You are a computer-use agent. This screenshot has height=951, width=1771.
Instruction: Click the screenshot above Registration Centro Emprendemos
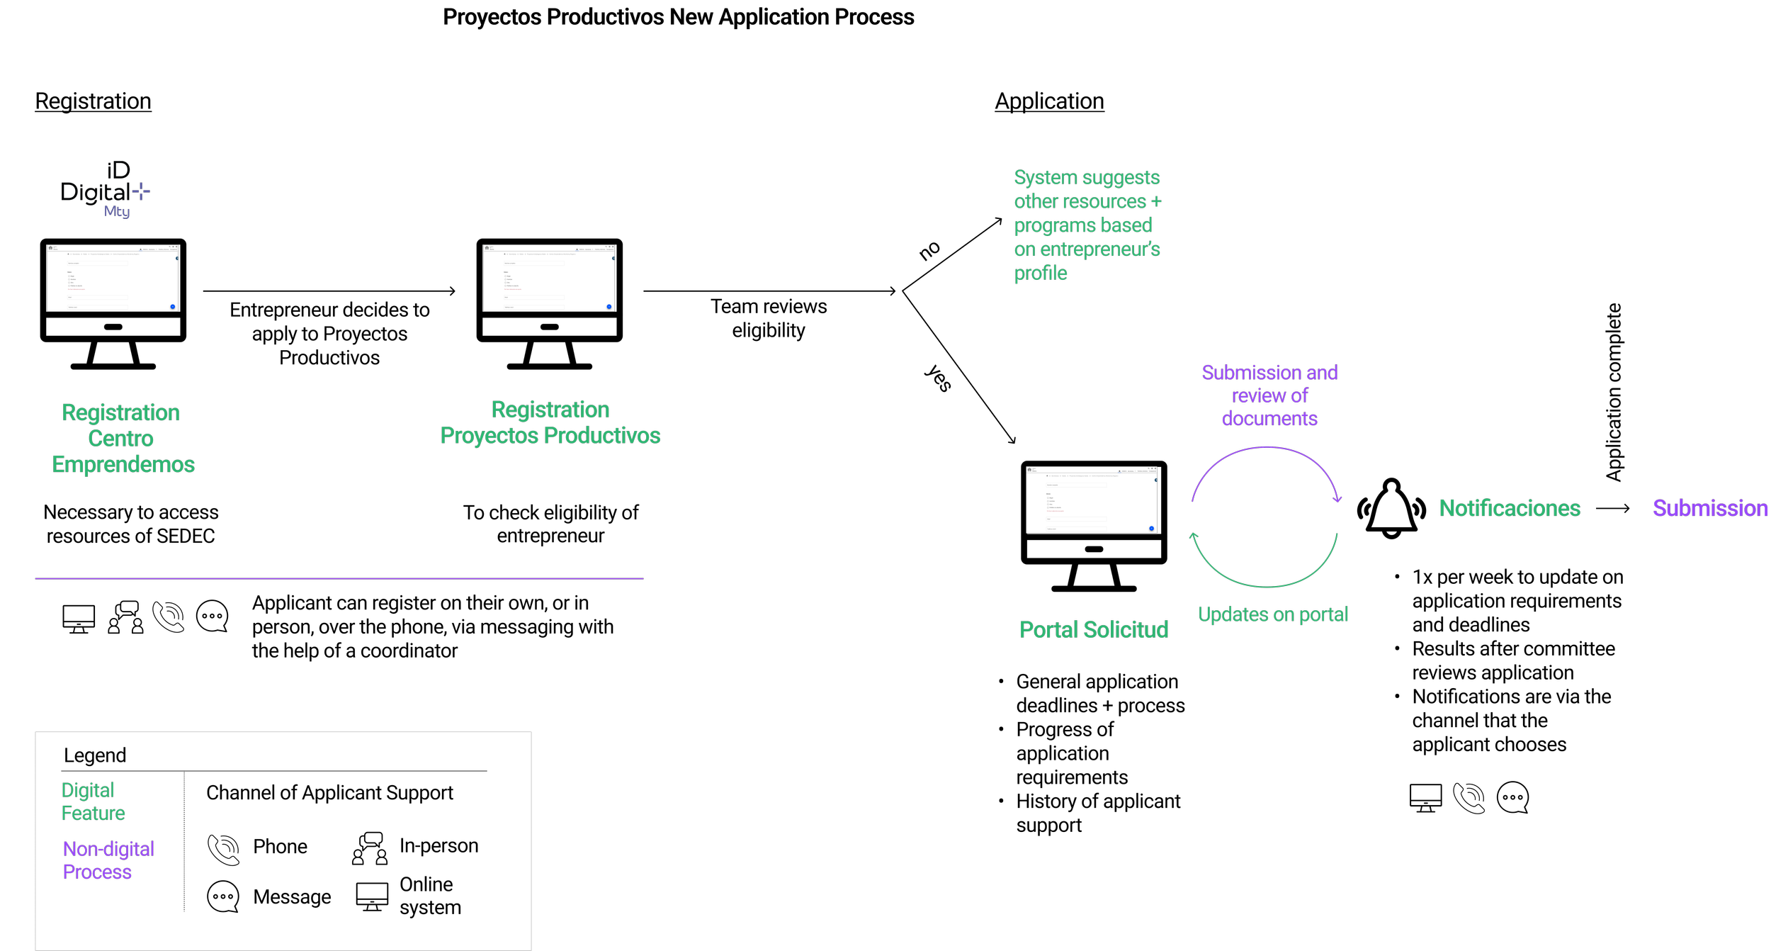[113, 278]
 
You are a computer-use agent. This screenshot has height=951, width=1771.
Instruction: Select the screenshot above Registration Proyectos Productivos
[549, 278]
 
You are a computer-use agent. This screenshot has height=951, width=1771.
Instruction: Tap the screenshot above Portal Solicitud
[1091, 500]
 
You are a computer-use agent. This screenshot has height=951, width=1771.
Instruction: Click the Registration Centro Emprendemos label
[122, 438]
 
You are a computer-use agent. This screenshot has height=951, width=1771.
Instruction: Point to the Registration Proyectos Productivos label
[550, 422]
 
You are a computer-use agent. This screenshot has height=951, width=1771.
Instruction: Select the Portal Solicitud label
[1093, 629]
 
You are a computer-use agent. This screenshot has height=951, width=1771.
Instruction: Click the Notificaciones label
[1510, 508]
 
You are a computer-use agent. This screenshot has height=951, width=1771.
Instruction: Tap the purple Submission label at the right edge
[1709, 508]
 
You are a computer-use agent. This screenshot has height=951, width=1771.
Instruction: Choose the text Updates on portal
[1272, 614]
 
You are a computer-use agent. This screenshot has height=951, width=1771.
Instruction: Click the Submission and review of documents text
[1269, 395]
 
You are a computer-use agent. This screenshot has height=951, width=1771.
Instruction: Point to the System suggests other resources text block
[1087, 225]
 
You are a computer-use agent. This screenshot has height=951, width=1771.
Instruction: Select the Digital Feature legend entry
[93, 801]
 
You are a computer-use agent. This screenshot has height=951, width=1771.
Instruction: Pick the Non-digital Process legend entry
[108, 860]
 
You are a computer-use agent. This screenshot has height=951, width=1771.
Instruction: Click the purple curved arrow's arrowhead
[1337, 499]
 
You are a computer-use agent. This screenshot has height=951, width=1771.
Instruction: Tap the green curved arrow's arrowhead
[1194, 536]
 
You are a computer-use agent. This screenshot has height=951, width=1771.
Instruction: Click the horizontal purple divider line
[339, 578]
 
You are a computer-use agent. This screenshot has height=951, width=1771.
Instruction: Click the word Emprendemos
[123, 464]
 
